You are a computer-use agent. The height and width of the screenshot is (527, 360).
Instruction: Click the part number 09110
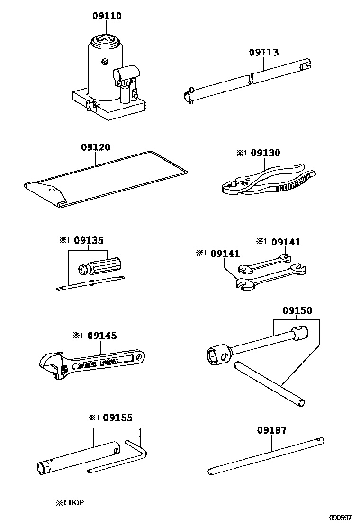coord(107,17)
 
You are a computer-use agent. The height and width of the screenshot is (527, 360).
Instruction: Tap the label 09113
coord(264,53)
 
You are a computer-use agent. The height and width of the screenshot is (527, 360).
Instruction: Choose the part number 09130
coord(265,153)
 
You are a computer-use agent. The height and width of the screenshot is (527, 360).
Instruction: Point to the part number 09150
coord(297,311)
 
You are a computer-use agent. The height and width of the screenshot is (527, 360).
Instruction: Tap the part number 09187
coord(272,430)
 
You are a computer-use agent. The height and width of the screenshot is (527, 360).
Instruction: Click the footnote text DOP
coord(76,502)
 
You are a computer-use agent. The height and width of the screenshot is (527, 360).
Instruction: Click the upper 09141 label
coord(286,242)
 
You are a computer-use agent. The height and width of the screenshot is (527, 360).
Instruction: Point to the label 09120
coord(96,147)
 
